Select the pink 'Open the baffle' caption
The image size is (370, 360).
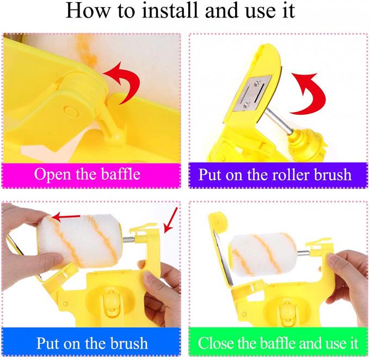coord(91,175)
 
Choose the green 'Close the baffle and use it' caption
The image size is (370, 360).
coord(278,343)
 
